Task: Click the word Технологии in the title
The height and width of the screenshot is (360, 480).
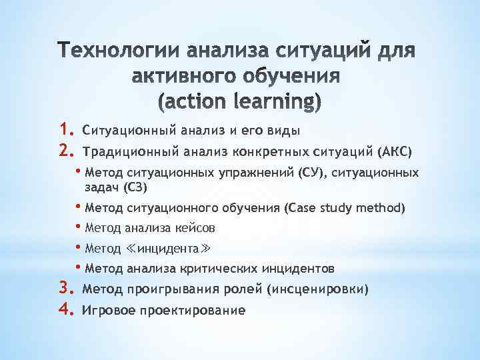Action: click(117, 51)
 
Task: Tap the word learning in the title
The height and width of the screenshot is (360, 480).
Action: click(276, 102)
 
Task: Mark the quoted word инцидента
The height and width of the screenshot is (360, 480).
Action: click(167, 249)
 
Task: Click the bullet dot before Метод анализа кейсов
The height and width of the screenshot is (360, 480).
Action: click(79, 227)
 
